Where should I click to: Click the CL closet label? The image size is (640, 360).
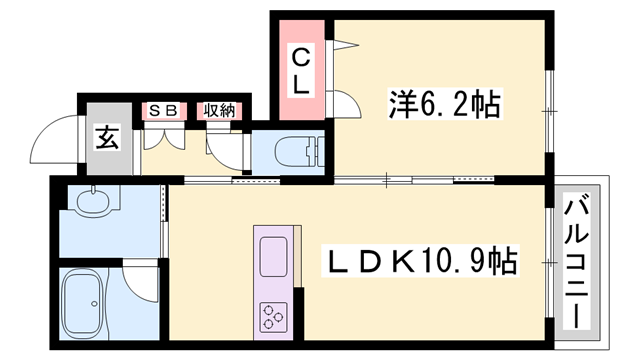(300, 71)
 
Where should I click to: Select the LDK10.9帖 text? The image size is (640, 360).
(423, 263)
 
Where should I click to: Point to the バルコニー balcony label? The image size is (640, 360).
(576, 262)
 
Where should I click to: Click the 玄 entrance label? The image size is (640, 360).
(106, 137)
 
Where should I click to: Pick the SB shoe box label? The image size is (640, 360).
(164, 111)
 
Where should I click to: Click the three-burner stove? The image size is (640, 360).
(273, 316)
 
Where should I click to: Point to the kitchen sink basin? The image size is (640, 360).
(273, 259)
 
